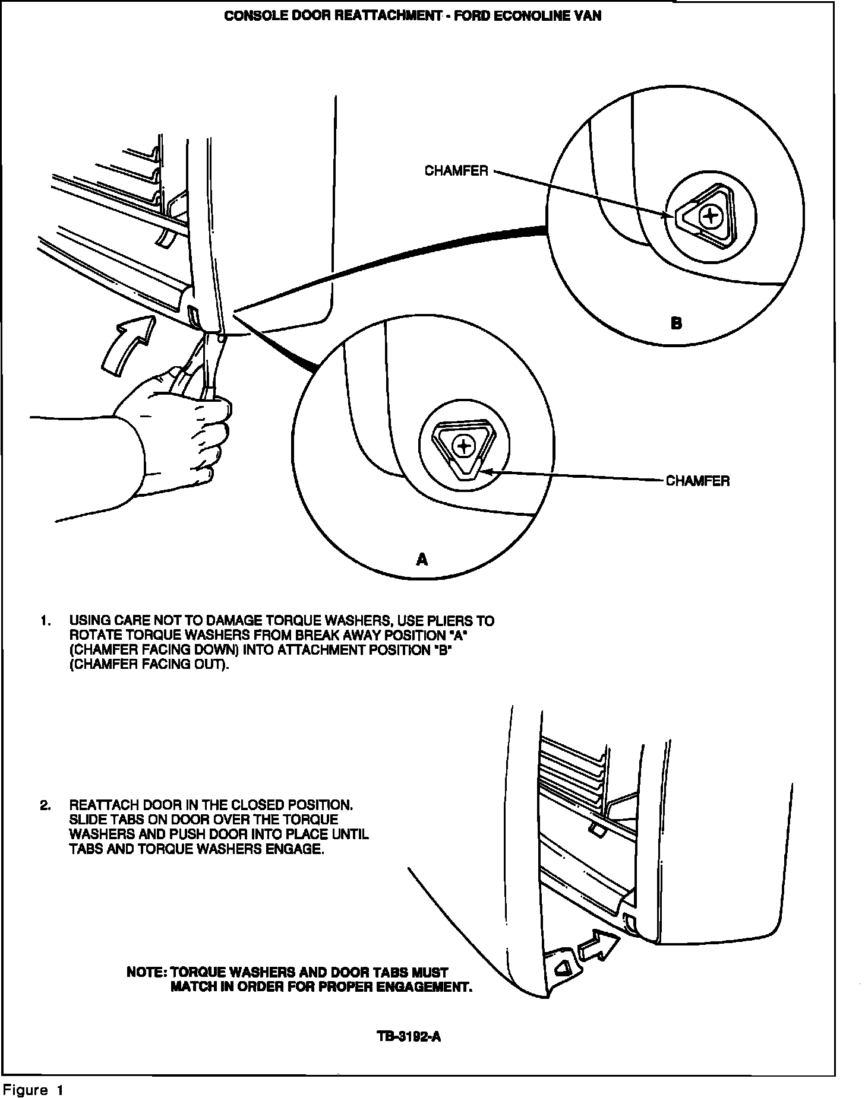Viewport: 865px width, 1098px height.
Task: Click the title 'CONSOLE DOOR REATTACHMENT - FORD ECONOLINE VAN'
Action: click(x=412, y=16)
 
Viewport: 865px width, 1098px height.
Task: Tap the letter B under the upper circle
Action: click(x=676, y=323)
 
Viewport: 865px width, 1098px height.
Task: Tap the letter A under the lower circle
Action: click(x=422, y=559)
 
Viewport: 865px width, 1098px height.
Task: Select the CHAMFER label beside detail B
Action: click(x=456, y=171)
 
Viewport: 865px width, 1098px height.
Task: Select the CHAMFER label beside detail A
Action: click(x=697, y=481)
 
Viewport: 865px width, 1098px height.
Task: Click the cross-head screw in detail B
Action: click(x=710, y=217)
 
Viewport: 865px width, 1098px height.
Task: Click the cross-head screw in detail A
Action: click(x=463, y=445)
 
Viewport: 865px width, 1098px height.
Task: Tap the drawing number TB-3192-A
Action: click(x=409, y=1037)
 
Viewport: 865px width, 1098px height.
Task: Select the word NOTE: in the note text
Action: click(x=147, y=972)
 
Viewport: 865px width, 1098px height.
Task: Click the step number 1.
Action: click(x=45, y=621)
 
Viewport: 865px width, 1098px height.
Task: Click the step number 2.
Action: click(x=45, y=805)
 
